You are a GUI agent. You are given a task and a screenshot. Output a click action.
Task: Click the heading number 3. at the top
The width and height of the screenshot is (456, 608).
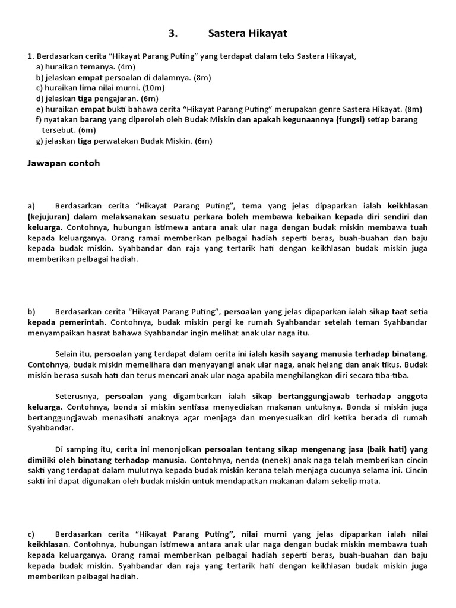(x=173, y=34)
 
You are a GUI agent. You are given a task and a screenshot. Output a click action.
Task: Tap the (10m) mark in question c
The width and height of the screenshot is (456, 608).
(x=153, y=88)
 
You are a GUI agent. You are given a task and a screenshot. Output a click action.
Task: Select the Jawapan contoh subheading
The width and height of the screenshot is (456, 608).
(x=64, y=163)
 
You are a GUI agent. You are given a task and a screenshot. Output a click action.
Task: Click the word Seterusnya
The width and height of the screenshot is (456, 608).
(x=78, y=396)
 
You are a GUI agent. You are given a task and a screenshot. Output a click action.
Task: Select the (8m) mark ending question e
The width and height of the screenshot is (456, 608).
(x=410, y=109)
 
